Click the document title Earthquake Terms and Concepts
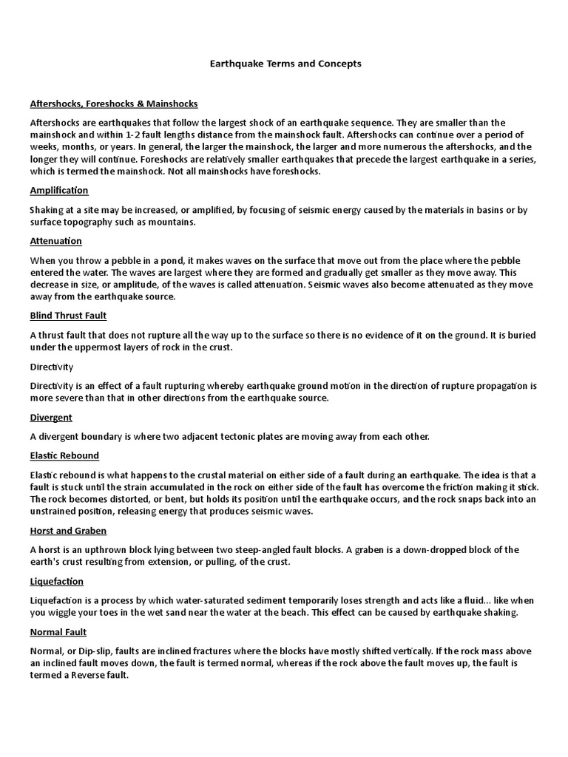pos(284,64)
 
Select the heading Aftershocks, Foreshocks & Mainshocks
pos(114,103)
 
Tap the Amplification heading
pos(59,191)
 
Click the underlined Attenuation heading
pos(56,241)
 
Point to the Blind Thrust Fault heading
pos(69,316)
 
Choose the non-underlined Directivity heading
pos(52,367)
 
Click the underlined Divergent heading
pos(51,418)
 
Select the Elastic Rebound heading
pos(64,455)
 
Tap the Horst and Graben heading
pos(68,531)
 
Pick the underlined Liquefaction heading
pos(57,582)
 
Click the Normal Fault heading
pos(58,632)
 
